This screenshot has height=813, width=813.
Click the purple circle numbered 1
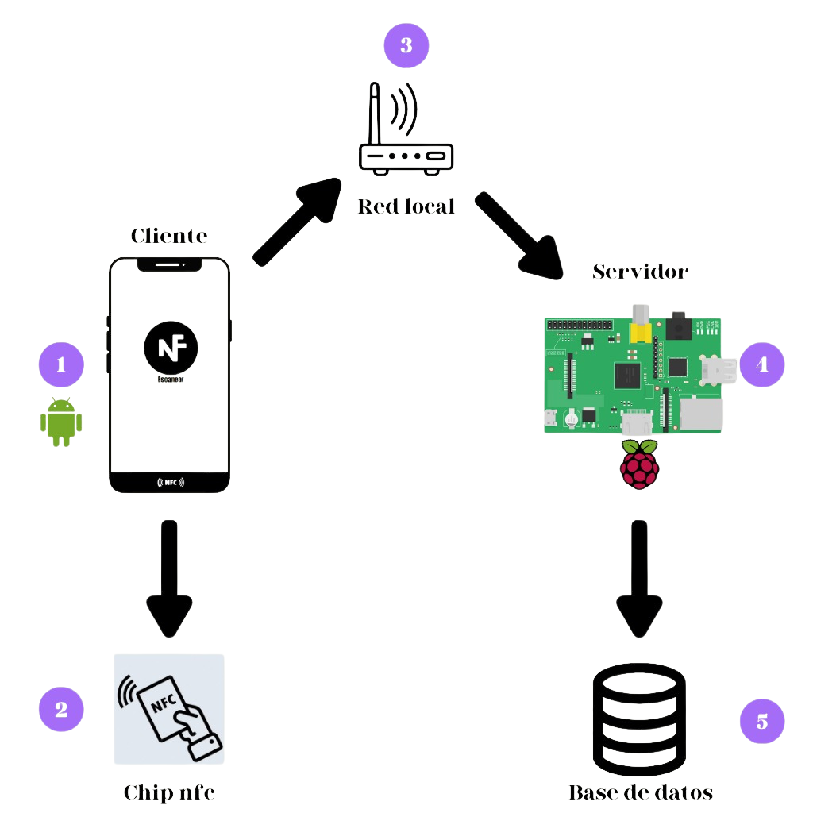coord(61,364)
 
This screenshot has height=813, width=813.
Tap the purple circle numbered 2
coord(61,708)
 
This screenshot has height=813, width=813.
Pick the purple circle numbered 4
coord(761,364)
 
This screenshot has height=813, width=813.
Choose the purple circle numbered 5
coord(761,721)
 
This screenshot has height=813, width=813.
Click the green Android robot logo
coord(61,421)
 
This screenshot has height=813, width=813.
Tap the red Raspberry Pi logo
coord(640,464)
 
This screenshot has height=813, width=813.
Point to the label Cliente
coord(169,236)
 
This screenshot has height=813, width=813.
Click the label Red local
coord(406,206)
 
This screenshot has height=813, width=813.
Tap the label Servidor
coord(640,272)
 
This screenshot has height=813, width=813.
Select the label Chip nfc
coord(169,792)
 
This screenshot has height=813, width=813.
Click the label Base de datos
coord(640,792)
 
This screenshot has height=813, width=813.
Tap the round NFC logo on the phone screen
coord(171,347)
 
